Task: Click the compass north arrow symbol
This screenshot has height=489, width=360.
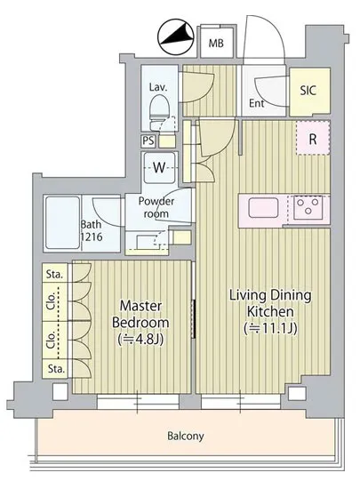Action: click(175, 38)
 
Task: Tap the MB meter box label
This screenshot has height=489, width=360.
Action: click(216, 43)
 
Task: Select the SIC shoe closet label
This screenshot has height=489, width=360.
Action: click(308, 90)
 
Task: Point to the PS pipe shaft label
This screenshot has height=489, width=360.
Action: click(148, 141)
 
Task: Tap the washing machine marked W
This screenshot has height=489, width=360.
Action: click(159, 168)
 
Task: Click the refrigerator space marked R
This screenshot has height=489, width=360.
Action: click(313, 138)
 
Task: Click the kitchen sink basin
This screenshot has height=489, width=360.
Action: click(263, 207)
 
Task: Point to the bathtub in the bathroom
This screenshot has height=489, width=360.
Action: click(62, 223)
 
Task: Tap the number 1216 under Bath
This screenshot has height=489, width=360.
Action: click(92, 237)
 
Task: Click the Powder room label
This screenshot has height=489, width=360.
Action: click(156, 207)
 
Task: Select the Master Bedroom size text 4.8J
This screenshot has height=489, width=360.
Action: click(140, 340)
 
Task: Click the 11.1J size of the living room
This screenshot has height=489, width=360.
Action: click(270, 328)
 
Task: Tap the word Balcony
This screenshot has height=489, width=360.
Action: click(186, 436)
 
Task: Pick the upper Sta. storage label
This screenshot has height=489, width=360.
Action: click(54, 275)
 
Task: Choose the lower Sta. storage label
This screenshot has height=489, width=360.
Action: click(56, 369)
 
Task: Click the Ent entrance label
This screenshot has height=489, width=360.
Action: click(256, 103)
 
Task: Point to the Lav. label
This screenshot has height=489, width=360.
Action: click(158, 87)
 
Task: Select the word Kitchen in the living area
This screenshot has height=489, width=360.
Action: click(270, 311)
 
